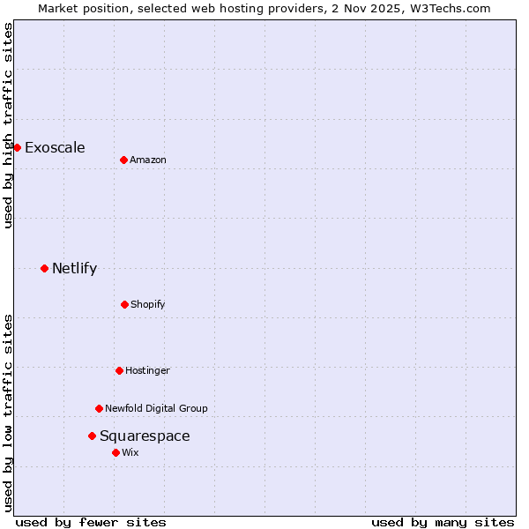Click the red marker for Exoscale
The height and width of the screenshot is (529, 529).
17,147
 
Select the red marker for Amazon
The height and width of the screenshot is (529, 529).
123,160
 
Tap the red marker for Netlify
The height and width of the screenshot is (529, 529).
44,268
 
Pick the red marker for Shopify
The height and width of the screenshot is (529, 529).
124,304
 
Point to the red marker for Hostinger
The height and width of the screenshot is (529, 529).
119,370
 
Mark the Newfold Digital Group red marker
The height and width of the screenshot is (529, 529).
99,408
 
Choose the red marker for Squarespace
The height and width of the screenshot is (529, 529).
92,436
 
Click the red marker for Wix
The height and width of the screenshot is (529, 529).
115,452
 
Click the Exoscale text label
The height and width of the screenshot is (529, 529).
55,147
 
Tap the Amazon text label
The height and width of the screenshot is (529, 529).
148,160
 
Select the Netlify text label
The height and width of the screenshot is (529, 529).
74,268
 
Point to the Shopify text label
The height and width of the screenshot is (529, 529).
148,304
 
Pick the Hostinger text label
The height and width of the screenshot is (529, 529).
147,370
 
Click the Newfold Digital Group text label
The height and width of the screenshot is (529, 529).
156,408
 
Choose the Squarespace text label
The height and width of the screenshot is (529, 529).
145,436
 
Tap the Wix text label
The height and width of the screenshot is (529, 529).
130,452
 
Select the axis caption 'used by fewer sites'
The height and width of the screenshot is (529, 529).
91,522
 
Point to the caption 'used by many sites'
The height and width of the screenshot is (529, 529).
443,522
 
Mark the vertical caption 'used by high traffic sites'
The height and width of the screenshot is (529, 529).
8,125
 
